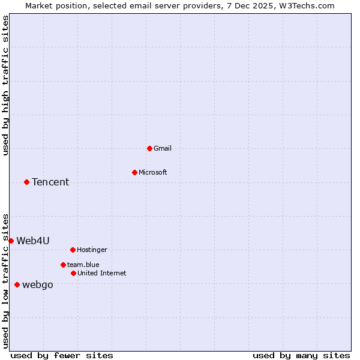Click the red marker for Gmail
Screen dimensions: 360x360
(149, 148)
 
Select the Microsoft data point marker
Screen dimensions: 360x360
(134, 172)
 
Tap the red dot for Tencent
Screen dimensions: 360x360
(26, 182)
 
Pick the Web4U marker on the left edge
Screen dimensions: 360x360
(11, 241)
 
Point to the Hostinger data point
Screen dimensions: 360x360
(73, 250)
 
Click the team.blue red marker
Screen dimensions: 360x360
(63, 265)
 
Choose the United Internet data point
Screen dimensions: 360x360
(73, 273)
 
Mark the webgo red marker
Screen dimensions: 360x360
(17, 284)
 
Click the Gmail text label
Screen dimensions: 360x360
(163, 148)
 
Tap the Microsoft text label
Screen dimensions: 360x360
(153, 172)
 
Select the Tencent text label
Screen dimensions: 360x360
(50, 182)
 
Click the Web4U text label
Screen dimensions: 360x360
(33, 241)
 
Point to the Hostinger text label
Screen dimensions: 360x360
(92, 250)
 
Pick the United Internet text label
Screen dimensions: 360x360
(102, 273)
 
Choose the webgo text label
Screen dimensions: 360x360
(38, 284)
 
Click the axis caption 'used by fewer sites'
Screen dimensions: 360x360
(62, 355)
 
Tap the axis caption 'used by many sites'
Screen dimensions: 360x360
(301, 355)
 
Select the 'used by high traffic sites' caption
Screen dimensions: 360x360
(5, 85)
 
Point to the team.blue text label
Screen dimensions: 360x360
(83, 265)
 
